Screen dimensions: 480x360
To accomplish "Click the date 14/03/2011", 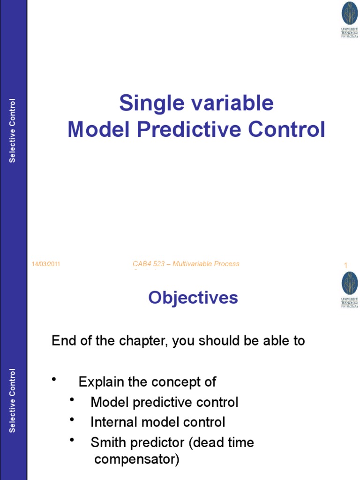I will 45,264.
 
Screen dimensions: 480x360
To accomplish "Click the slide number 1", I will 345,266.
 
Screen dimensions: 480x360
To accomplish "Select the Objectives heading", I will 193,298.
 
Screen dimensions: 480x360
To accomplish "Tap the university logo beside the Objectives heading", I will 349,289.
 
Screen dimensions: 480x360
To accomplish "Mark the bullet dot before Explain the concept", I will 54,379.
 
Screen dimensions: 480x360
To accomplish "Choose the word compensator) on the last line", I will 136,459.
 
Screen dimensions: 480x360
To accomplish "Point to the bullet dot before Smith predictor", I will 72,440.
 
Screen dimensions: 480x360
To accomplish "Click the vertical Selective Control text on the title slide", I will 13,131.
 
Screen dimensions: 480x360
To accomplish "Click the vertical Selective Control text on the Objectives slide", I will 13,401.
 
